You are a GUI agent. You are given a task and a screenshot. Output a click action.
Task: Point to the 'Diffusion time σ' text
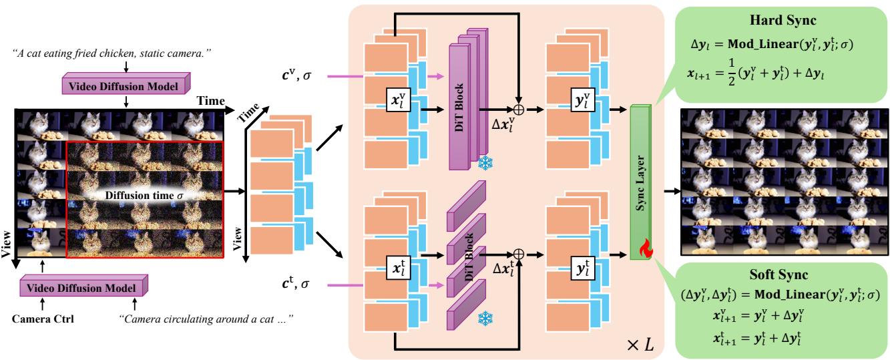coord(140,197)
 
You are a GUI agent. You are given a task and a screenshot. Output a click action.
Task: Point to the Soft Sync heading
coord(778,275)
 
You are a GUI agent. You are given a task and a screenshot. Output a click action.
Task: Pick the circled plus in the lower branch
coord(518,254)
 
